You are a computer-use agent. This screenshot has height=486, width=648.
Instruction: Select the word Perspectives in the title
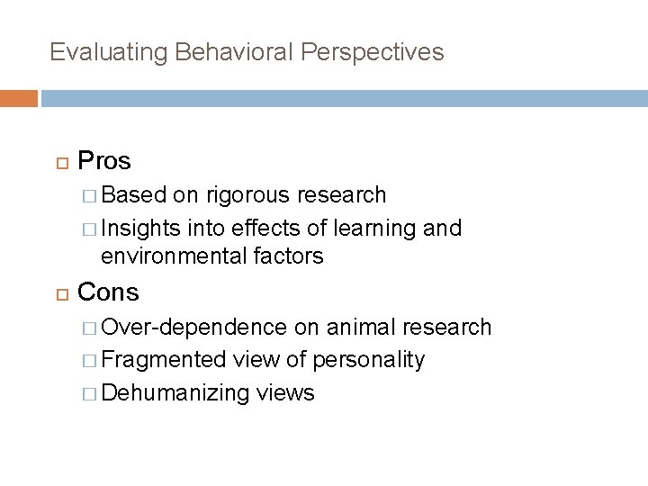[x=373, y=52]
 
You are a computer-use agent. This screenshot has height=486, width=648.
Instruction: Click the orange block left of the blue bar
[x=19, y=98]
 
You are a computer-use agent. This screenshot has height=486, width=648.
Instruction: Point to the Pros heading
[x=104, y=162]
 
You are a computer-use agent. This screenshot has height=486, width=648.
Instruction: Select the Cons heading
[x=108, y=292]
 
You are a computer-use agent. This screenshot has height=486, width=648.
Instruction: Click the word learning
[x=375, y=229]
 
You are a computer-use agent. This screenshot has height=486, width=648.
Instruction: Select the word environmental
[x=172, y=256]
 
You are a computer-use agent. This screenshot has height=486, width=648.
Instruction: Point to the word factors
[x=285, y=256]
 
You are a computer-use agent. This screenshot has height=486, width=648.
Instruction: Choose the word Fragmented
[x=164, y=360]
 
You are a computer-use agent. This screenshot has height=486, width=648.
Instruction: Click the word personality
[x=368, y=360]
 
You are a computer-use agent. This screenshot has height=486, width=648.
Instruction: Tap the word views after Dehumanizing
[x=285, y=393]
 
